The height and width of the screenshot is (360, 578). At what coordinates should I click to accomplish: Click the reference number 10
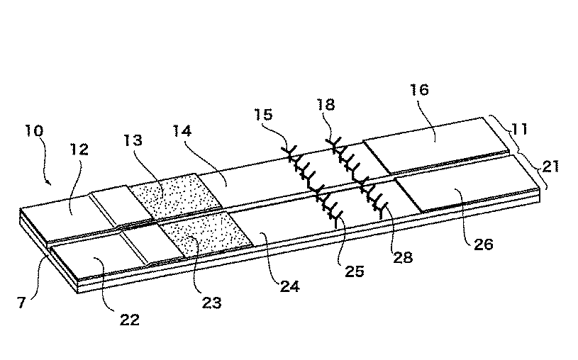click(x=34, y=131)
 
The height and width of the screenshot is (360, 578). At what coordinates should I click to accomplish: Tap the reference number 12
click(x=79, y=150)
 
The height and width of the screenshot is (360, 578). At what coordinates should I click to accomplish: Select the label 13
click(x=133, y=140)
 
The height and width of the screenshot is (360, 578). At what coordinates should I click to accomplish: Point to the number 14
click(x=182, y=131)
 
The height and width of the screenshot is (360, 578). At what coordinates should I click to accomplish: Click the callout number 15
click(x=264, y=115)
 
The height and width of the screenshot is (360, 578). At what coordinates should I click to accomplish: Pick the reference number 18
click(x=326, y=105)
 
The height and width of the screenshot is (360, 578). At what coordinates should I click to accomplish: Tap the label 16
click(x=419, y=89)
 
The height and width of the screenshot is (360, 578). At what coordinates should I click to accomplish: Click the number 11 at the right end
click(x=519, y=129)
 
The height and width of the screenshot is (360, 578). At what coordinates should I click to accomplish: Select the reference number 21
click(x=551, y=167)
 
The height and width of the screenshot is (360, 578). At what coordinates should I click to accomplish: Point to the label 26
click(x=483, y=244)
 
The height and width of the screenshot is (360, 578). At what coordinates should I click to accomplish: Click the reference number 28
click(x=403, y=257)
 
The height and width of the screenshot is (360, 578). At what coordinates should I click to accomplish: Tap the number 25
click(x=355, y=271)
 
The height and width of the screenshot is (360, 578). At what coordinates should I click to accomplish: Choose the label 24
click(x=290, y=286)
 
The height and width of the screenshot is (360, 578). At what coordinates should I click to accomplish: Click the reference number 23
click(x=211, y=303)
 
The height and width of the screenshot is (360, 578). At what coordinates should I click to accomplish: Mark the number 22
click(x=130, y=320)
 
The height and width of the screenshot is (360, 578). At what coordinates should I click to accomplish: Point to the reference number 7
click(x=21, y=303)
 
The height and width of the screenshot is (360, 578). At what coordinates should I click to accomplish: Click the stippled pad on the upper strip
click(x=176, y=197)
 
